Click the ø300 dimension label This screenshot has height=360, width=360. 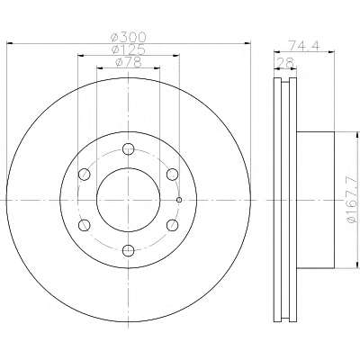tap(128, 38)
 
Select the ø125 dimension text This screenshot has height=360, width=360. tap(129, 49)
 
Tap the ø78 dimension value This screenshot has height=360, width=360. tap(128, 62)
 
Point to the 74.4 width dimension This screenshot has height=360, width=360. tap(304, 45)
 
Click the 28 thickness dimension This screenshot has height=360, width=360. tap(285, 63)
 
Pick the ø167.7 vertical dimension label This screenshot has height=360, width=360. tap(353, 200)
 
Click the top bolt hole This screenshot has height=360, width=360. tap(129, 149)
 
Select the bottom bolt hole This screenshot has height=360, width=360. tap(129, 250)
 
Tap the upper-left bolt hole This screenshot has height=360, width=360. tap(85, 175)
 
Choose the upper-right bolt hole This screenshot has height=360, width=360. tap(173, 175)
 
